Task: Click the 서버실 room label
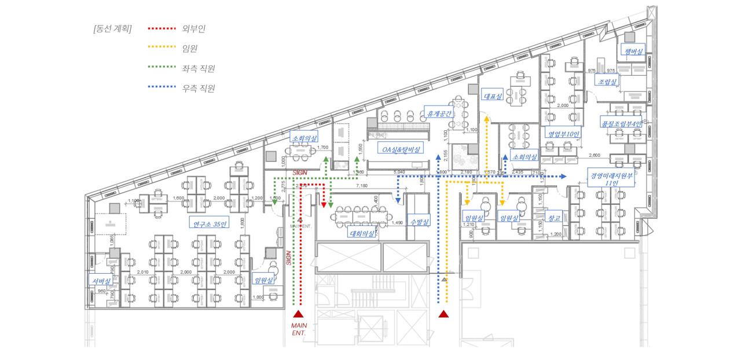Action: pyautogui.click(x=101, y=281)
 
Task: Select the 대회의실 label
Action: pyautogui.click(x=361, y=234)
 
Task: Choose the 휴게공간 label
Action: pyautogui.click(x=438, y=113)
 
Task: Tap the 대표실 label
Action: pyautogui.click(x=492, y=96)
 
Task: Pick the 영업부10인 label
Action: pyautogui.click(x=564, y=134)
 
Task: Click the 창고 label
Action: pyautogui.click(x=553, y=218)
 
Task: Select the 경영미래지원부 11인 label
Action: pyautogui.click(x=612, y=178)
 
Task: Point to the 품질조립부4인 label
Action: pyautogui.click(x=621, y=123)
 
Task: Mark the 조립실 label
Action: pyautogui.click(x=607, y=81)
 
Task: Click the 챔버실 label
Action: pyautogui.click(x=633, y=52)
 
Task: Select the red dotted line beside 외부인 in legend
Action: pyautogui.click(x=162, y=28)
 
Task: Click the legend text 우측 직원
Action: pyautogui.click(x=198, y=89)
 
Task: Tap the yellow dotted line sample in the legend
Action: pyautogui.click(x=162, y=47)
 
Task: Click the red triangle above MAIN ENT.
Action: pyautogui.click(x=298, y=314)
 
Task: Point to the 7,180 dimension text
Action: pyautogui.click(x=361, y=186)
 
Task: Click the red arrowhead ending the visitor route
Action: pyautogui.click(x=324, y=205)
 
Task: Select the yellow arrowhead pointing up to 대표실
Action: pyautogui.click(x=486, y=119)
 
